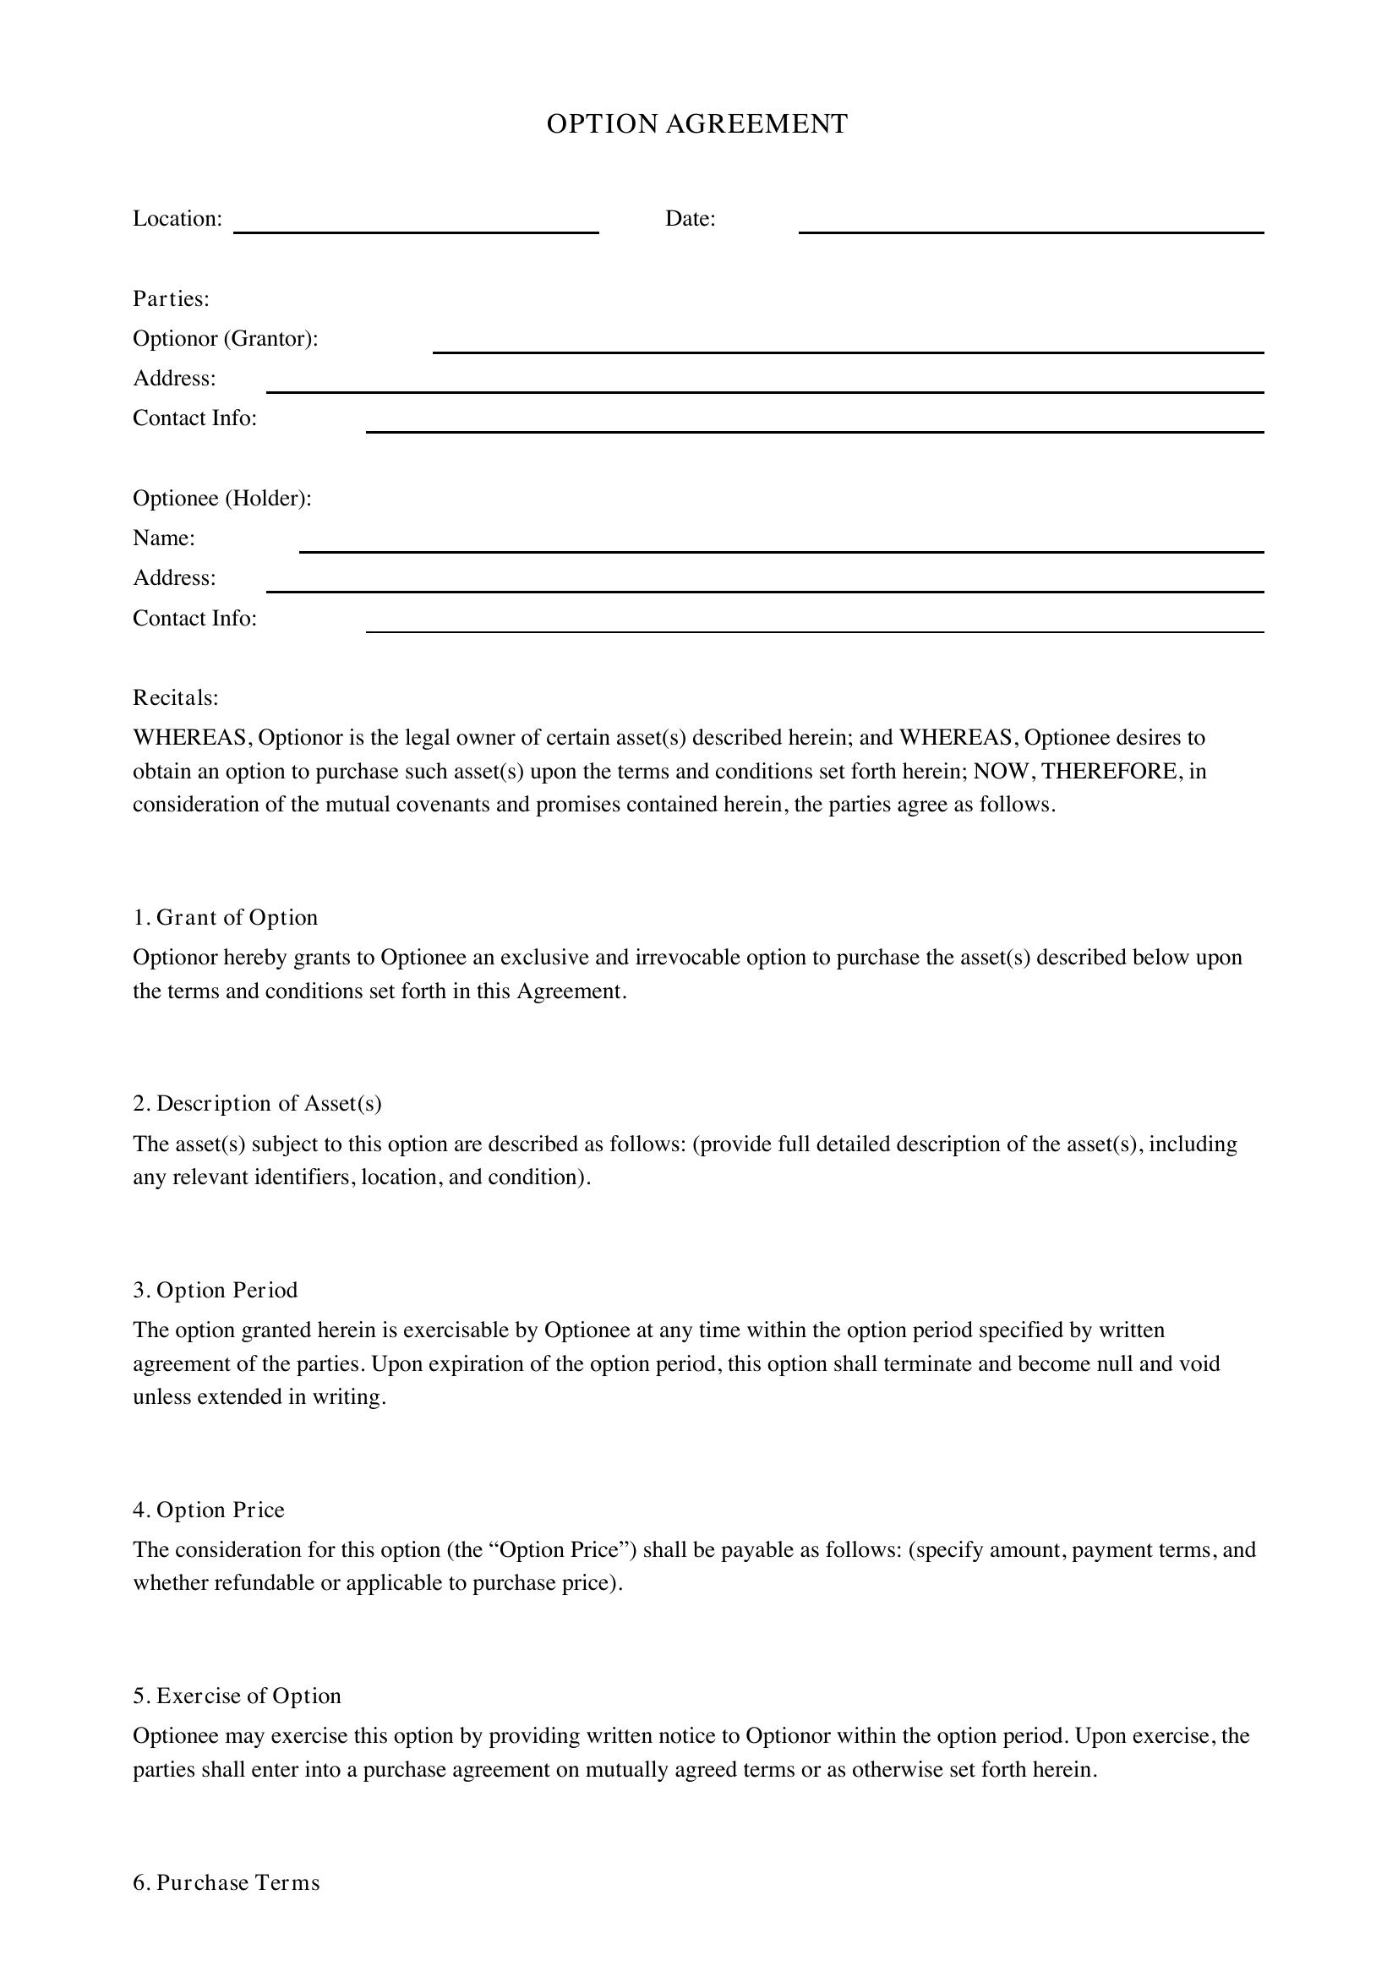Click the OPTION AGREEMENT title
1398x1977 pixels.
coord(697,124)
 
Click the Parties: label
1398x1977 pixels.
coord(172,298)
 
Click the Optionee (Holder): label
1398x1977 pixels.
coord(222,499)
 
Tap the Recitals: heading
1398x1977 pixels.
coord(176,697)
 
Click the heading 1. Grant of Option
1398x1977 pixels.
coord(226,918)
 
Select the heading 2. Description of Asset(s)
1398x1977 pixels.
coord(258,1104)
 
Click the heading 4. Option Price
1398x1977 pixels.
coord(208,1510)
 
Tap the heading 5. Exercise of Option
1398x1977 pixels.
coord(237,1696)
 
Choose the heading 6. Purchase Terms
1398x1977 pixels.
coord(227,1883)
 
